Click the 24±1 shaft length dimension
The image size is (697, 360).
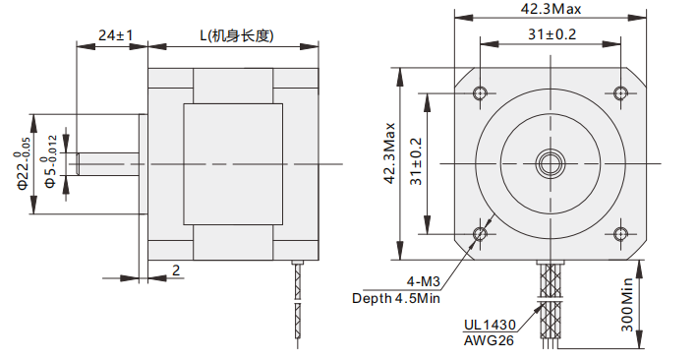[x=115, y=35]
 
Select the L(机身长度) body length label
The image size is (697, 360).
[x=236, y=35]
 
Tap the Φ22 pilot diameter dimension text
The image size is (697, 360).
[x=24, y=163]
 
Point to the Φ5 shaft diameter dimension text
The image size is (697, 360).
[x=51, y=161]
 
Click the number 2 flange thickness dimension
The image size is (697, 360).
[x=176, y=270]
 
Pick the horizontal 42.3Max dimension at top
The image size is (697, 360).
[x=551, y=9]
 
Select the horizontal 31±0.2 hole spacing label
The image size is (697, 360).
[x=552, y=34]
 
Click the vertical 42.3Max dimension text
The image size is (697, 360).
[x=390, y=153]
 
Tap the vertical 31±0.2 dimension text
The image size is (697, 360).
[x=417, y=161]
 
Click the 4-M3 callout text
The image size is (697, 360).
[x=423, y=281]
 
